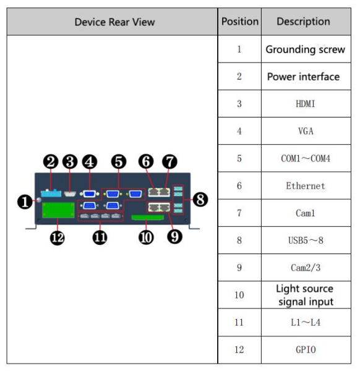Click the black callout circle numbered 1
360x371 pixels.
(25, 202)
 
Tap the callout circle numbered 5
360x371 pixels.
(119, 161)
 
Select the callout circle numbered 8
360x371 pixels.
(200, 199)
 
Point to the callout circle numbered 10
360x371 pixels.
(146, 237)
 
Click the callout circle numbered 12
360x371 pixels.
(58, 237)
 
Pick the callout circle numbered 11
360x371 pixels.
(100, 237)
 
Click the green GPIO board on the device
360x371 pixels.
(58, 210)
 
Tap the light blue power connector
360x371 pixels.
(51, 193)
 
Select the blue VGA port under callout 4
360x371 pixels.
(90, 194)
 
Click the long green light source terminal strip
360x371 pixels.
(148, 218)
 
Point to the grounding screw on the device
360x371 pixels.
(38, 200)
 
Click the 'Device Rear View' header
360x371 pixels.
(114, 22)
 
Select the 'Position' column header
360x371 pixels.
(240, 22)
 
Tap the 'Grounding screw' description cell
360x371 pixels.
(306, 49)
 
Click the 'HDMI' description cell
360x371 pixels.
(306, 104)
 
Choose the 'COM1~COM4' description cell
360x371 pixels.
(306, 158)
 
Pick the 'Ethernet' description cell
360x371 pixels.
(306, 185)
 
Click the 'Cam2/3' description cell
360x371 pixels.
(306, 268)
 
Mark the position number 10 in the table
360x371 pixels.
(239, 295)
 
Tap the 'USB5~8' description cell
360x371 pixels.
(306, 241)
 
